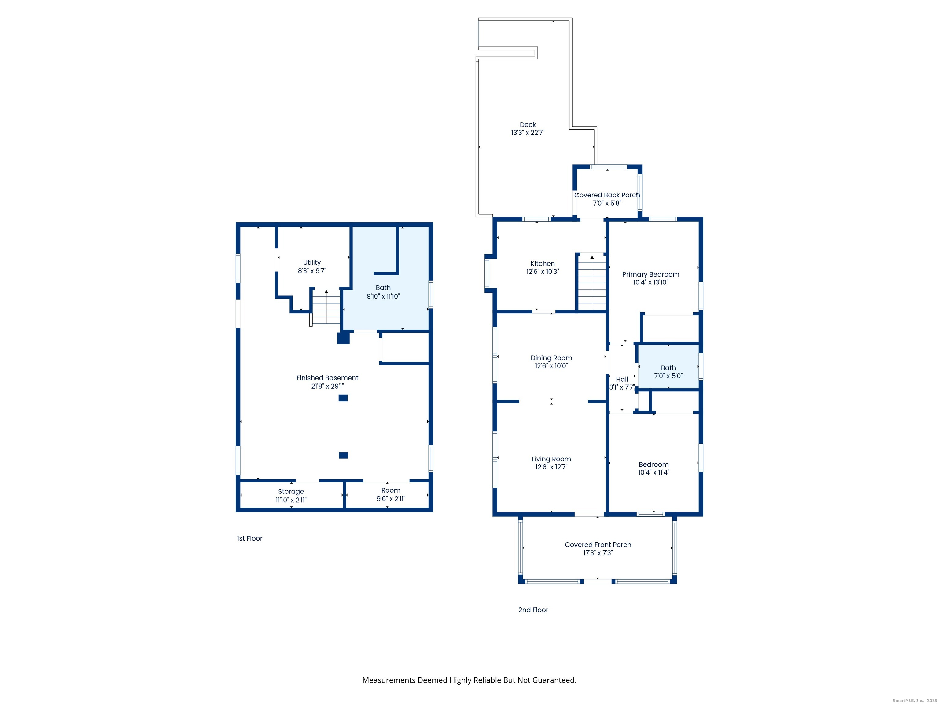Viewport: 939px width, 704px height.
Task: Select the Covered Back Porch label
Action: point(607,195)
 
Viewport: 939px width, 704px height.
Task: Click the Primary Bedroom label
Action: point(650,275)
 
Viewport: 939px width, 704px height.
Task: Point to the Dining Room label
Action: point(551,358)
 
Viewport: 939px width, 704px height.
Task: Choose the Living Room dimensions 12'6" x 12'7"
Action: point(551,467)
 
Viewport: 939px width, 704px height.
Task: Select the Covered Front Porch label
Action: point(597,545)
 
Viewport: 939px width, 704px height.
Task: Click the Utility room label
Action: point(311,263)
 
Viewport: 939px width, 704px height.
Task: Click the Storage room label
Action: point(291,491)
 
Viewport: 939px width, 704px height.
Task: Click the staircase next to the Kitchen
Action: point(592,284)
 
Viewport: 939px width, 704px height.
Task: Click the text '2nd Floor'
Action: point(533,610)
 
